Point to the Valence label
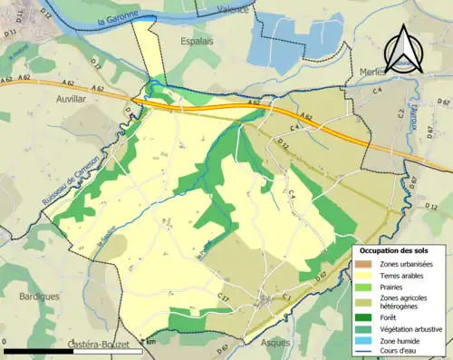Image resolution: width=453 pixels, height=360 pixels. click(x=233, y=10)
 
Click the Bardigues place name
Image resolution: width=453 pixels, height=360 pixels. click(x=37, y=296)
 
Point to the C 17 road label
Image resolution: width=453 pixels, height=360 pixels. click(x=225, y=298)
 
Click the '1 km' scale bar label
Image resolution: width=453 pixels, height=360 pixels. click(x=149, y=342)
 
